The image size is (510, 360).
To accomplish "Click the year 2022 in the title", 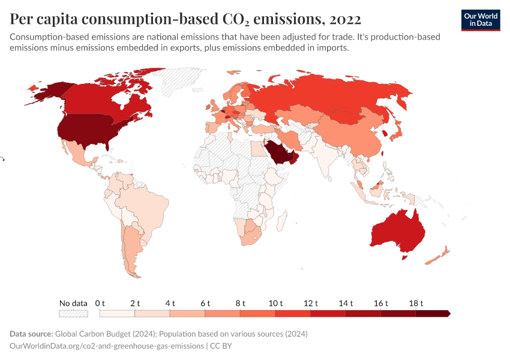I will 344,19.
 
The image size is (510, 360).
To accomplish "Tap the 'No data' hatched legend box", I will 73,313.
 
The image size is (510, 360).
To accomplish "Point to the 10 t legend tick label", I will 275,303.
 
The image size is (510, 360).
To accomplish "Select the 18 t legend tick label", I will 416,303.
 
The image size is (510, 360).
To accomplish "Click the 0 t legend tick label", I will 100,303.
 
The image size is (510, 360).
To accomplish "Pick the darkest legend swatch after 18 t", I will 432,313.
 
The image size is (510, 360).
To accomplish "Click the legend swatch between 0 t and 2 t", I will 118,313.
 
